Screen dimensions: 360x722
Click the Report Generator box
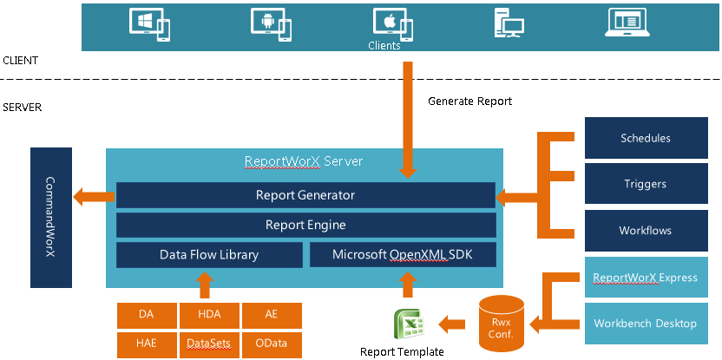click(x=305, y=195)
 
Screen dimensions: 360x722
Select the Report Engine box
click(x=305, y=225)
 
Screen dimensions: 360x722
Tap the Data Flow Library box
click(x=208, y=255)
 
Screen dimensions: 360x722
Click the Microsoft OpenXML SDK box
click(x=402, y=255)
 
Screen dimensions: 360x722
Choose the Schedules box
click(x=645, y=138)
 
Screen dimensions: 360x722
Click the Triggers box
click(x=645, y=184)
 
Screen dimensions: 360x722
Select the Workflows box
click(x=645, y=231)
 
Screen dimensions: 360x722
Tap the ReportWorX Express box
click(x=645, y=278)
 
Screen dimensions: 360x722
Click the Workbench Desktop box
click(x=645, y=324)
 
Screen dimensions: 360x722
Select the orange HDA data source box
click(x=209, y=316)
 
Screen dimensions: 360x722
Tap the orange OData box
click(x=272, y=344)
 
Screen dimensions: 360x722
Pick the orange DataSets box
click(x=209, y=344)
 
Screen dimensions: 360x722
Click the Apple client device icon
click(x=391, y=23)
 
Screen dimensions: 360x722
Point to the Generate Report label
click(x=470, y=101)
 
